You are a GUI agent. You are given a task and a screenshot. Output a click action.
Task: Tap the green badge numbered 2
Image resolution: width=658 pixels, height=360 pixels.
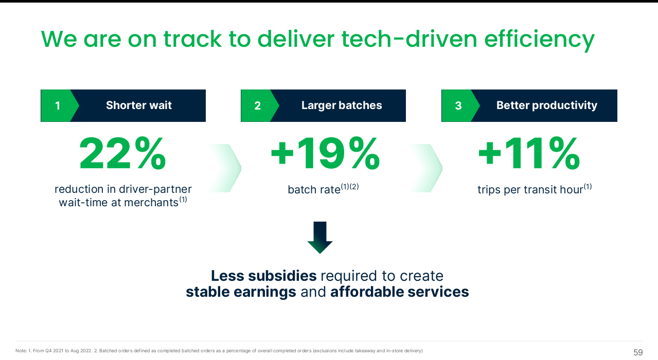pyautogui.click(x=258, y=106)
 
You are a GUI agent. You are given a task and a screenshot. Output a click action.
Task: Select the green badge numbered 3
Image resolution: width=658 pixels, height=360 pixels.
pyautogui.click(x=459, y=106)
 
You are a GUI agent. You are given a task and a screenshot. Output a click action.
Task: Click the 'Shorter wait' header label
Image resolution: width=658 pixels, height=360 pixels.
pyautogui.click(x=139, y=105)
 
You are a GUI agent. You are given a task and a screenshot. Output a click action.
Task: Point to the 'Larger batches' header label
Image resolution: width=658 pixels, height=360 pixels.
pyautogui.click(x=342, y=105)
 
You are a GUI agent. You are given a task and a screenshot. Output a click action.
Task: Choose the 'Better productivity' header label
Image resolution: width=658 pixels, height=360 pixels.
pyautogui.click(x=547, y=105)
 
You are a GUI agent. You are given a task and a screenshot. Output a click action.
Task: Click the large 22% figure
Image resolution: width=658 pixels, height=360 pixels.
pyautogui.click(x=122, y=154)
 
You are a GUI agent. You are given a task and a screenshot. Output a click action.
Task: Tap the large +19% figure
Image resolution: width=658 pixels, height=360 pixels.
pyautogui.click(x=325, y=154)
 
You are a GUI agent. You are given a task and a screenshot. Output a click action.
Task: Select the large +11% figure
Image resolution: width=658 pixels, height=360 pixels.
pyautogui.click(x=529, y=154)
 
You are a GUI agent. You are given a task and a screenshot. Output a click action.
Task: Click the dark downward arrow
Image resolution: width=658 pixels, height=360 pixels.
pyautogui.click(x=320, y=238)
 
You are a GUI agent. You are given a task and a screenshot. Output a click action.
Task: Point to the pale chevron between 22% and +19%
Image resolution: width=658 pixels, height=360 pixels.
pyautogui.click(x=225, y=168)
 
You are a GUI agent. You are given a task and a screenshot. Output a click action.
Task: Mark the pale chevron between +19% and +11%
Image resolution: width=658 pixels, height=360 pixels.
pyautogui.click(x=426, y=168)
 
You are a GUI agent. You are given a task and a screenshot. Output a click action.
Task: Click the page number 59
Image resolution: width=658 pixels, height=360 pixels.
pyautogui.click(x=638, y=352)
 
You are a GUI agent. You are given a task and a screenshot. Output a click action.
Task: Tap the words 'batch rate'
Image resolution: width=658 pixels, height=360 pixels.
pyautogui.click(x=314, y=190)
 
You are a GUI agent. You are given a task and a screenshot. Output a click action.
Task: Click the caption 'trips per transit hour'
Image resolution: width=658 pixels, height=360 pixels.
pyautogui.click(x=530, y=190)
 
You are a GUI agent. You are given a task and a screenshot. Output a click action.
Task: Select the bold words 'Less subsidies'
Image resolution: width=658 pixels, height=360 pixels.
pyautogui.click(x=264, y=276)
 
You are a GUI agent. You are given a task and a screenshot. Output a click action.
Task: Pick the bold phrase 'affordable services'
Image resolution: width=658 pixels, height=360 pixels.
pyautogui.click(x=400, y=292)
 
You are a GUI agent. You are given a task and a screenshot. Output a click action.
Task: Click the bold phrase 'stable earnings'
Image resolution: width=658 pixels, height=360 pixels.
pyautogui.click(x=241, y=292)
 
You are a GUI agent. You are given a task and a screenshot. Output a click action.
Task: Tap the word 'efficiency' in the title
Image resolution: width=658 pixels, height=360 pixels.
pyautogui.click(x=539, y=40)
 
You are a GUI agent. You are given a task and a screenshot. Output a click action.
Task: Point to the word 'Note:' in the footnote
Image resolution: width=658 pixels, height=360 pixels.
pyautogui.click(x=21, y=351)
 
